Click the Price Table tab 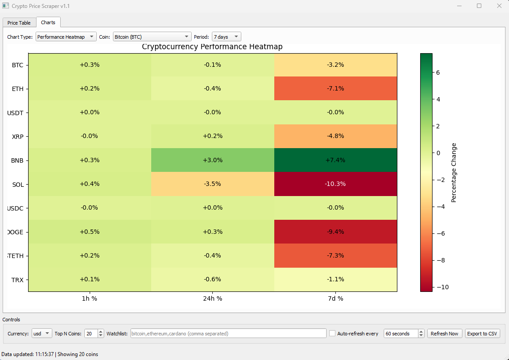pos(19,23)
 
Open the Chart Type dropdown pos(65,37)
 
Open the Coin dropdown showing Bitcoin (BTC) pos(152,37)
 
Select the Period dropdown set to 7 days pos(226,37)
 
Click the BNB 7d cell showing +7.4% pos(335,160)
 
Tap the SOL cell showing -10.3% pos(335,184)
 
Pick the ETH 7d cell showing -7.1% pos(335,88)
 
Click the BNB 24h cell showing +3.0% pos(212,160)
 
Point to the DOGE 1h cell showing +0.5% pos(90,232)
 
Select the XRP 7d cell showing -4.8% pos(335,136)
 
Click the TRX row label pos(18,280)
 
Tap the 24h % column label pos(212,298)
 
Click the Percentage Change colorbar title pos(454,173)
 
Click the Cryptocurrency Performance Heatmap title pos(212,47)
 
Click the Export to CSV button pos(482,334)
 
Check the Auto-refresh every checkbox pos(332,334)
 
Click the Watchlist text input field pos(228,334)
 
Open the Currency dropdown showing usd pos(42,334)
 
